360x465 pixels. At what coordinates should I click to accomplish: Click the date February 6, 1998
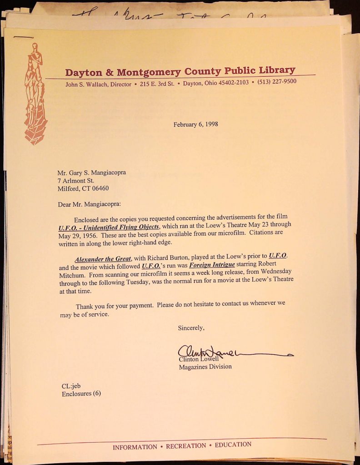(x=195, y=124)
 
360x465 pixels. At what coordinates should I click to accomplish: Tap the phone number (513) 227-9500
(x=277, y=82)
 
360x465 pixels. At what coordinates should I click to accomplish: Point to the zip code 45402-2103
(x=234, y=83)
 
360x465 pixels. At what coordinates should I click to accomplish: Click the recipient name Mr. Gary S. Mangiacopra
(x=91, y=173)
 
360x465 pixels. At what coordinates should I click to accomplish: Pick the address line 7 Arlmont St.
(x=75, y=181)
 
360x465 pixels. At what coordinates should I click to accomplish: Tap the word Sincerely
(x=191, y=327)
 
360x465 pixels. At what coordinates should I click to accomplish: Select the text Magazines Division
(x=205, y=366)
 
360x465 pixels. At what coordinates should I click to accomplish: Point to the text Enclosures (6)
(x=81, y=394)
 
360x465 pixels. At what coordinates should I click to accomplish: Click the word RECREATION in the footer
(x=185, y=446)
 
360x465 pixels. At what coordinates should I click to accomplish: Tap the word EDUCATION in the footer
(x=233, y=445)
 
